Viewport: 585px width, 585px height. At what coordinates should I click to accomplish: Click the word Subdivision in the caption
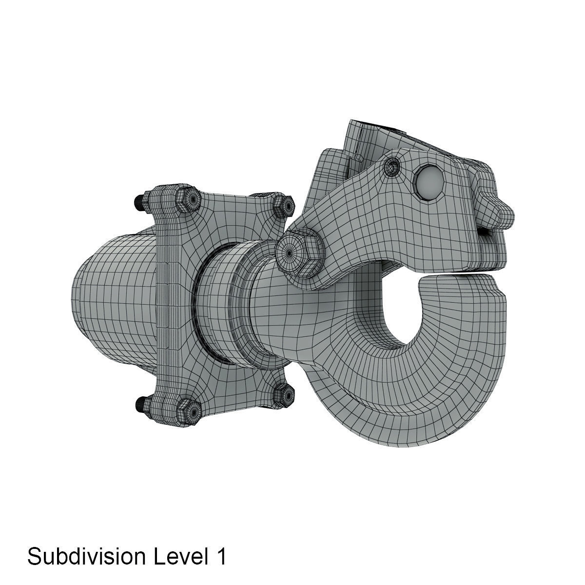coord(85,556)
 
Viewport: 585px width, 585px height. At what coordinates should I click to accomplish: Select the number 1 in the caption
coord(220,556)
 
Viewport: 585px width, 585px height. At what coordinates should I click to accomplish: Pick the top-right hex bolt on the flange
coord(282,206)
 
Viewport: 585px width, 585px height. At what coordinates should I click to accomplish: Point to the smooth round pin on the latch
coord(427,183)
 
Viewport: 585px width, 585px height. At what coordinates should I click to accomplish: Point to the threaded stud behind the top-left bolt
coord(138,201)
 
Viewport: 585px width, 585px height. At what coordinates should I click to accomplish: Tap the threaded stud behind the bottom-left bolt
coord(140,403)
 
